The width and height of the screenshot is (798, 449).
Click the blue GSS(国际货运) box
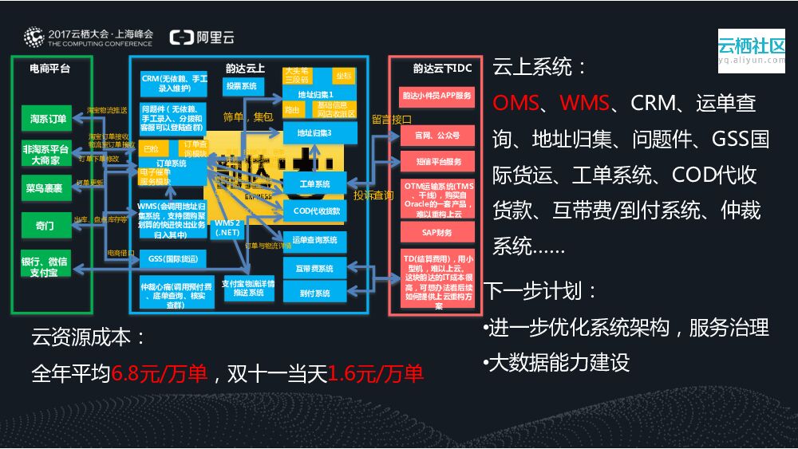172,259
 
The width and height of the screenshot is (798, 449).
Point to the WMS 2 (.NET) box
227,227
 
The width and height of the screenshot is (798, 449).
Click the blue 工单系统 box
314,185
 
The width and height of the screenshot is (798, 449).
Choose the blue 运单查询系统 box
314,239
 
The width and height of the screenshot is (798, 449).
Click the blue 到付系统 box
314,293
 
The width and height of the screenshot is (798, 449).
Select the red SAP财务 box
437,233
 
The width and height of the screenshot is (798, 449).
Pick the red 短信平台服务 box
437,162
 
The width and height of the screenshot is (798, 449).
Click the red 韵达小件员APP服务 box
437,96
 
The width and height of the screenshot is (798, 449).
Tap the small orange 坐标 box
343,76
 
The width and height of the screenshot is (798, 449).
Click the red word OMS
516,103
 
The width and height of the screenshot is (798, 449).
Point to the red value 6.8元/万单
160,373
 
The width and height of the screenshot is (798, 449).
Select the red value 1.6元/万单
375,373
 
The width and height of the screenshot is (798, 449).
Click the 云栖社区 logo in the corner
750,48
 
